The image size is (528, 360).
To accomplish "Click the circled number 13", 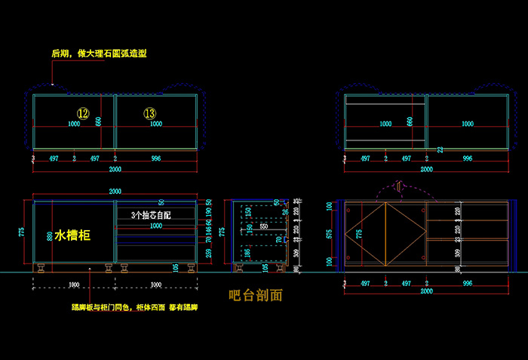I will tap(150, 113).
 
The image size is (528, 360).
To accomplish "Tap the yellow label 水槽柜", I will tap(72, 236).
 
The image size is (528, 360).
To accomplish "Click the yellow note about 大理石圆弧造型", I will tap(99, 54).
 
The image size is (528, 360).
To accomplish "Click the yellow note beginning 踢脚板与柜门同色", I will tap(134, 308).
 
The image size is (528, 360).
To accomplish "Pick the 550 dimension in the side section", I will tap(263, 226).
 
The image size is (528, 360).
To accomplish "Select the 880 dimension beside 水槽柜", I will tap(50, 235).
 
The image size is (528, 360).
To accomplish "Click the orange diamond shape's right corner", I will tap(425, 234).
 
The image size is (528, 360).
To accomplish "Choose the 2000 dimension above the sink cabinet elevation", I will tap(115, 192).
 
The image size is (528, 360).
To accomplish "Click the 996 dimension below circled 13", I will tap(156, 158).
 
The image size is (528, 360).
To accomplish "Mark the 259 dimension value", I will tap(209, 252).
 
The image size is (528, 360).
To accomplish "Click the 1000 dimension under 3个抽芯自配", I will tap(155, 226).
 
